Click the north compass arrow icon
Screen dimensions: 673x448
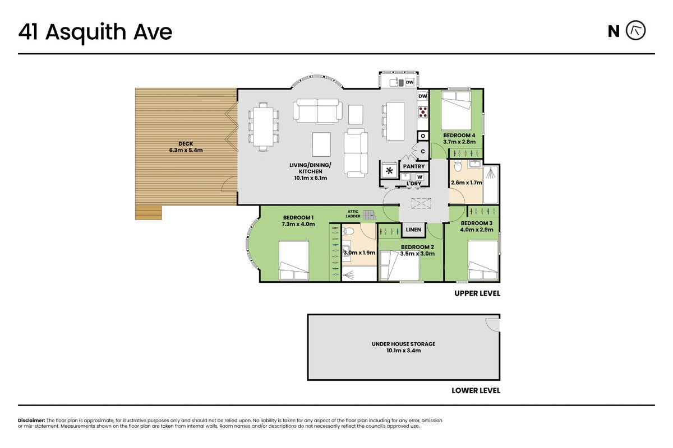(635, 31)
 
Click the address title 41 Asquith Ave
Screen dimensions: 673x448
(95, 32)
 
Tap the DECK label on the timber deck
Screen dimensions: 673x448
(186, 144)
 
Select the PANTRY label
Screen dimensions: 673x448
(414, 166)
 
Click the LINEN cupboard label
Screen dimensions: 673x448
(413, 230)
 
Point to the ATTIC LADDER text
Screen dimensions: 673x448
(353, 214)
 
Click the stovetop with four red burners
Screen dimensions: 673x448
(423, 111)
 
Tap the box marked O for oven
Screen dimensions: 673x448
(423, 136)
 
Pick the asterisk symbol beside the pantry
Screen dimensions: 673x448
(389, 171)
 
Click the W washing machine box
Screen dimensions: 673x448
(420, 177)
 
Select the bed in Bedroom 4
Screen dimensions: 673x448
(456, 110)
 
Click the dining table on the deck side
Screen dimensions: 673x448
(263, 127)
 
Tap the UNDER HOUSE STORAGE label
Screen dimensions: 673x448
(403, 344)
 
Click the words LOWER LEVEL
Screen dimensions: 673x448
(476, 390)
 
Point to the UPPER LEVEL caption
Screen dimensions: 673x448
(477, 293)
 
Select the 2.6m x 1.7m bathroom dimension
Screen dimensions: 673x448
(466, 183)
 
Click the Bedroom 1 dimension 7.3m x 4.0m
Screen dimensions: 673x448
(298, 224)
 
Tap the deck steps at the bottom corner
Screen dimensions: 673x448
(149, 212)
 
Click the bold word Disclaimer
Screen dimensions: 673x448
(31, 421)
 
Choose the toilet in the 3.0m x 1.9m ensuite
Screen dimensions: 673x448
(348, 231)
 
